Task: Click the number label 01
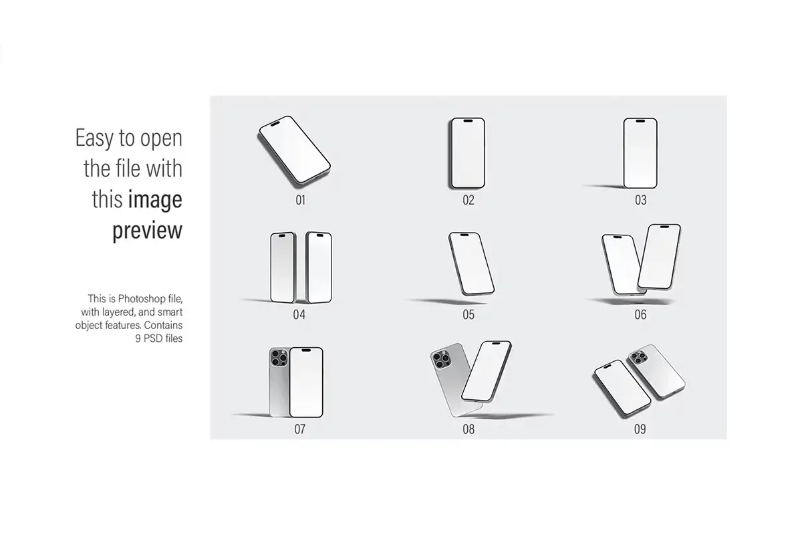coord(300,200)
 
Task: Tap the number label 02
coord(469,200)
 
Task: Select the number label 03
coord(640,200)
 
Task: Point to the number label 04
coord(299,314)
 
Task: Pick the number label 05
coord(469,314)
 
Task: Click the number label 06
coord(640,314)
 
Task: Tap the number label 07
coord(299,429)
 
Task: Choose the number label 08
coord(469,429)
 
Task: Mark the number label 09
coord(640,429)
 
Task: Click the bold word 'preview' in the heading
coord(148,231)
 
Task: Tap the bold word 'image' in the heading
coord(155,199)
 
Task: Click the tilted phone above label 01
coord(294,150)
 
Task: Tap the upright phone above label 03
coord(640,153)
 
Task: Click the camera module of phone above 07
coord(279,358)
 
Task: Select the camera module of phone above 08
coord(442,359)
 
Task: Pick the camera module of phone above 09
coord(639,358)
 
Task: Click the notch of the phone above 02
coord(468,121)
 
